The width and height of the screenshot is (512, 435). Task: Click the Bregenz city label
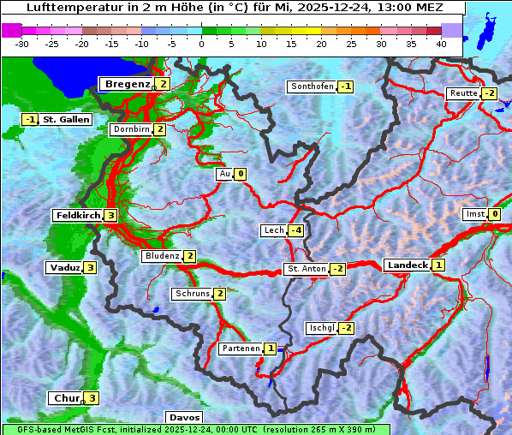(127, 84)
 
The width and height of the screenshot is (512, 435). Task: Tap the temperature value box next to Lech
(295, 230)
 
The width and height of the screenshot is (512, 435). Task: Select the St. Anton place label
(307, 269)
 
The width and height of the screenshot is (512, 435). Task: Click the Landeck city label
(407, 265)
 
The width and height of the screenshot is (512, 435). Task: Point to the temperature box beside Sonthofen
(345, 86)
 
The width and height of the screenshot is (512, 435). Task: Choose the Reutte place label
(463, 93)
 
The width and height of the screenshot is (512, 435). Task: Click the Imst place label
(473, 214)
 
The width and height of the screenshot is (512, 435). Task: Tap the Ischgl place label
(321, 328)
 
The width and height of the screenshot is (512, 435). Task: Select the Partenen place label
(241, 349)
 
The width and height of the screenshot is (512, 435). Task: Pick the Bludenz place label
(162, 256)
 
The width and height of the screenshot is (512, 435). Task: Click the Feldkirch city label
(78, 215)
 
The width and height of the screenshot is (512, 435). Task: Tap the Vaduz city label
(65, 267)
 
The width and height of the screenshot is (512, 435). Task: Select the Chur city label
(66, 398)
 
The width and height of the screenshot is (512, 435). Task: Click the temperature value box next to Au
(241, 174)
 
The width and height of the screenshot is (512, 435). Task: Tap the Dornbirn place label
(131, 129)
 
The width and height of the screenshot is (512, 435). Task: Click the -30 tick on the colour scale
(22, 44)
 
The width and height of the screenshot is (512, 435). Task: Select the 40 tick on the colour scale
(441, 44)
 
